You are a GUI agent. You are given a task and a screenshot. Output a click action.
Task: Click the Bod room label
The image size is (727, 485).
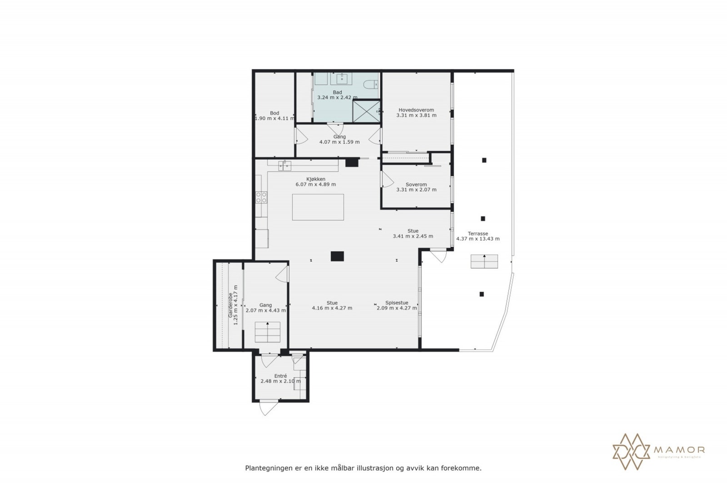coord(274,113)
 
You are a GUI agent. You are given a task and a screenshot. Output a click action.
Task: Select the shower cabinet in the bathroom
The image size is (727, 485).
coord(366,111)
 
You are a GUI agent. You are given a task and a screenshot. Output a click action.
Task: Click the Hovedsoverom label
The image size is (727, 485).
coord(416,110)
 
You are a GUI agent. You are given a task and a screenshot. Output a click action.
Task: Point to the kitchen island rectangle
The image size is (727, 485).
coord(318,207)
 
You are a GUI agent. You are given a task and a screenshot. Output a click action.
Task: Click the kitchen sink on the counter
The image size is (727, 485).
coord(285,165)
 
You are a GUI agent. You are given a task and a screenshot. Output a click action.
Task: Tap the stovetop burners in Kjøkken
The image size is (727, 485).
coord(261,197)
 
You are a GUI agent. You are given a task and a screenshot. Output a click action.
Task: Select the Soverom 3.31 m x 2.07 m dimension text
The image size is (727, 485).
coord(416,190)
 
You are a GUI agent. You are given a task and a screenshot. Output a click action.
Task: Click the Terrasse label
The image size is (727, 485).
coord(478,234)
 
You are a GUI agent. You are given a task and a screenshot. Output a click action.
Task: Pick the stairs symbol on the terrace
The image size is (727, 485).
coord(484,261)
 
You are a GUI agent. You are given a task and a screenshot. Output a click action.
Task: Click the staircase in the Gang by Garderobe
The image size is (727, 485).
coord(268,332)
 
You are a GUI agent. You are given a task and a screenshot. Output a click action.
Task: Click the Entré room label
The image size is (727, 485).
coord(280,376)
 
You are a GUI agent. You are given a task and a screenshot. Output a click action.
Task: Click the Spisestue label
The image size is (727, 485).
coord(397,303)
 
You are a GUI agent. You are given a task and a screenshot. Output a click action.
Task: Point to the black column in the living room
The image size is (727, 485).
coord(338,256)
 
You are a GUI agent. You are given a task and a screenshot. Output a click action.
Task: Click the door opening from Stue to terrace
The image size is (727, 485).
coord(438,255)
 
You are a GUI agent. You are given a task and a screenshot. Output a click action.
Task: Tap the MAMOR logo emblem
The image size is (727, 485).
coord(631,451)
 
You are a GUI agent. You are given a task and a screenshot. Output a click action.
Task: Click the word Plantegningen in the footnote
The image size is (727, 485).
coord(267,468)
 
